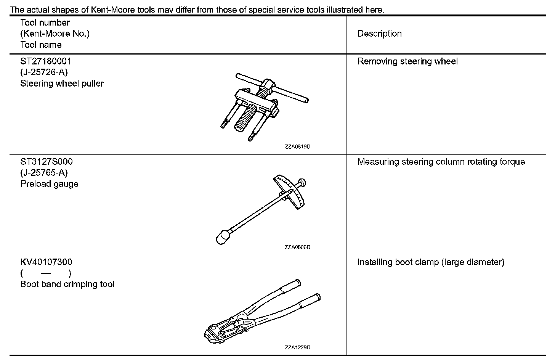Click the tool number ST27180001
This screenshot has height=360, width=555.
46,61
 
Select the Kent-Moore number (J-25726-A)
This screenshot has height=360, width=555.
44,72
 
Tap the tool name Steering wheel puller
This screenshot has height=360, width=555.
62,84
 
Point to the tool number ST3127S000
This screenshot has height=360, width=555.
47,162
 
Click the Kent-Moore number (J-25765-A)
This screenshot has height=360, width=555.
44,173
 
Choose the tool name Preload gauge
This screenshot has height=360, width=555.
49,184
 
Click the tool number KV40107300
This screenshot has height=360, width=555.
46,262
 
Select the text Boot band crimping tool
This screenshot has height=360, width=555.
67,284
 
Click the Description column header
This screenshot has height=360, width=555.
379,34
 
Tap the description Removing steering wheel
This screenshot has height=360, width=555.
407,61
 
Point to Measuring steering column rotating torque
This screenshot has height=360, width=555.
441,162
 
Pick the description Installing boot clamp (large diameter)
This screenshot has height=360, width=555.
431,262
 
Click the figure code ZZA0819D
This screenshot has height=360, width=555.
297,147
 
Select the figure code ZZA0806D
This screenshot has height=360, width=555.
297,247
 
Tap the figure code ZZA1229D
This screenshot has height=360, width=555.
297,347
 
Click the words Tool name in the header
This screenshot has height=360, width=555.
41,45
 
